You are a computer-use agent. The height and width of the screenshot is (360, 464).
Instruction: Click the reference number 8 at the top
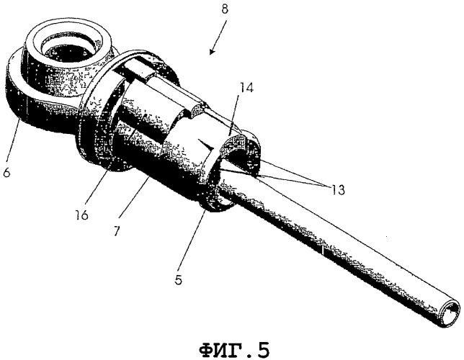(x=225, y=9)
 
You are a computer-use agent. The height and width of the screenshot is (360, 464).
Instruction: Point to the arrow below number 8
(x=218, y=37)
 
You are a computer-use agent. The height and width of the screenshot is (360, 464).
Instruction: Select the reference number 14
(x=246, y=88)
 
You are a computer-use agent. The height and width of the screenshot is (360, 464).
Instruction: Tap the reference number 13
(x=338, y=189)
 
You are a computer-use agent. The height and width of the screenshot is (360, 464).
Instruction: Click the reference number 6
(x=6, y=171)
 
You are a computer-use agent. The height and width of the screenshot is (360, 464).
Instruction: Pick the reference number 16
(x=81, y=215)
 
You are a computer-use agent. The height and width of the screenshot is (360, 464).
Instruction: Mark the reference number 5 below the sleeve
(x=178, y=280)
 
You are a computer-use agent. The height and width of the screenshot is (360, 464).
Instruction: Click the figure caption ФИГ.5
(x=234, y=350)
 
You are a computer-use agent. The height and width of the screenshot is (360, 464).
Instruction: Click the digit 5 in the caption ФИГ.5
(x=264, y=350)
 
